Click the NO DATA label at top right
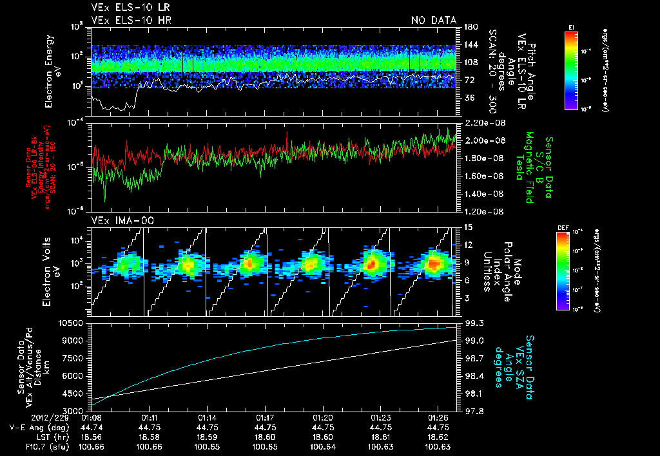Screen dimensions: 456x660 433,21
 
